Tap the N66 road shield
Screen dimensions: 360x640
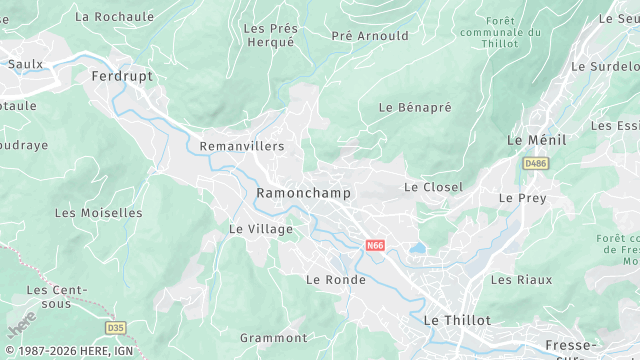coord(375,245)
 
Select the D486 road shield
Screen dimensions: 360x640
coord(535,162)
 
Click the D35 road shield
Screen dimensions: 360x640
coord(116,327)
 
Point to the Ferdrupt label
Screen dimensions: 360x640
coord(121,76)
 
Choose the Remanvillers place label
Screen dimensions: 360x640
coord(242,146)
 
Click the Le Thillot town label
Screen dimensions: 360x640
coord(457,320)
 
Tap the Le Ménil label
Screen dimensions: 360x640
coord(536,140)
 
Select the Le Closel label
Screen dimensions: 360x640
coord(433,187)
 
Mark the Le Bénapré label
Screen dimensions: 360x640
coord(415,106)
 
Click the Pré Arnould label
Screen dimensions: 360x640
coord(370,36)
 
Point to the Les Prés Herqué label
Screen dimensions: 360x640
coord(269,35)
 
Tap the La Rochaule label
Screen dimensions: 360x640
coord(115,17)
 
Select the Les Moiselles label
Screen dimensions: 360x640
coord(98,213)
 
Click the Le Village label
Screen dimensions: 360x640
coord(261,229)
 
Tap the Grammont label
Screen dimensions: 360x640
coord(273,338)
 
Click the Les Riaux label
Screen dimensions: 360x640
coord(521,280)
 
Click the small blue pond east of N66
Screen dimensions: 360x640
coord(417,248)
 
